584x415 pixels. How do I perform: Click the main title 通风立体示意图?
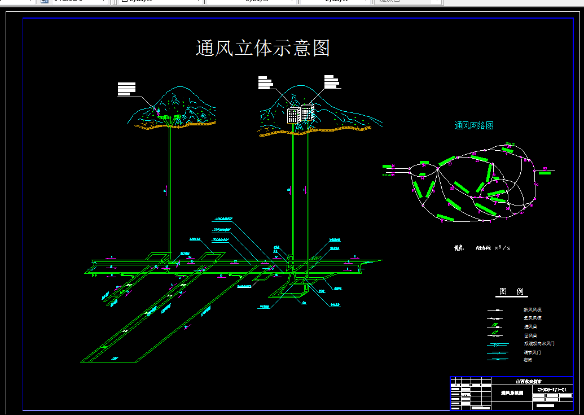point(262,48)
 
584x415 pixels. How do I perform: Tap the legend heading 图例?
point(511,292)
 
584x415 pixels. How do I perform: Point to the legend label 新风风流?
point(533,310)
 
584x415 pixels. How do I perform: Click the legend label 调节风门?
point(532,352)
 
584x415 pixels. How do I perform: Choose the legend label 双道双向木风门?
point(539,344)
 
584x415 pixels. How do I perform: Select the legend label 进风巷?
point(530,327)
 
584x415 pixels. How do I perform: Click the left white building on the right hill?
point(293,115)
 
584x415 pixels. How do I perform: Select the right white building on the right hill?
point(307,112)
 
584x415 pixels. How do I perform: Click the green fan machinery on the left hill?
point(170,117)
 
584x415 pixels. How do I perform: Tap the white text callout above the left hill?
point(126,89)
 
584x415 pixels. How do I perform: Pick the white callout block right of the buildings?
point(331,82)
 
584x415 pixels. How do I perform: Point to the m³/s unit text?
point(502,247)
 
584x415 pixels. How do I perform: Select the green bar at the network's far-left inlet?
point(387,167)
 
